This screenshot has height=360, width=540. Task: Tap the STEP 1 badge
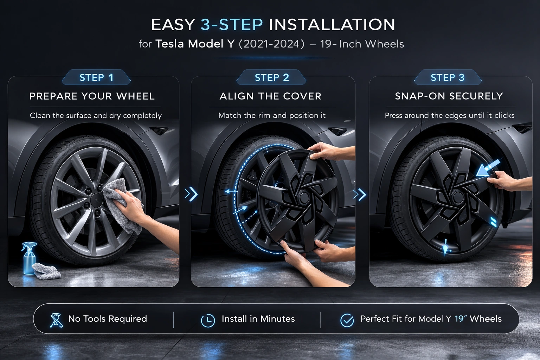point(96,77)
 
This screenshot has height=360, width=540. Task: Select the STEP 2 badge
point(271,77)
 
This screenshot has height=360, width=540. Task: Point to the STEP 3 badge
point(448,77)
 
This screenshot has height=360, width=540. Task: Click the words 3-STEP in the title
point(232,25)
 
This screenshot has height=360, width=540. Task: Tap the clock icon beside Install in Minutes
point(208,320)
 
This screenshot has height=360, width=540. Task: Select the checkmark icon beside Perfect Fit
point(347,320)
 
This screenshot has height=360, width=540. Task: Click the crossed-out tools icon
point(56,320)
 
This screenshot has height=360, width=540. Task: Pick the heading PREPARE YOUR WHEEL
point(92,96)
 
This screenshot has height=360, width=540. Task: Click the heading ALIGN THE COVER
point(270,96)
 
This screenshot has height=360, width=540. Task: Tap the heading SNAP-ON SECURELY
point(449,96)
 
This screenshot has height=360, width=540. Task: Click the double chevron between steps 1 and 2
point(191,194)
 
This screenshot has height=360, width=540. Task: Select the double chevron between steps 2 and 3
point(360,194)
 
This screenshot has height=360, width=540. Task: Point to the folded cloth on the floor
point(46,271)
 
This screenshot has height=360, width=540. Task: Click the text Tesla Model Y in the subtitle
point(195,44)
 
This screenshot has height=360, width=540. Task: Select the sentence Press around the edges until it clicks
point(450,116)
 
